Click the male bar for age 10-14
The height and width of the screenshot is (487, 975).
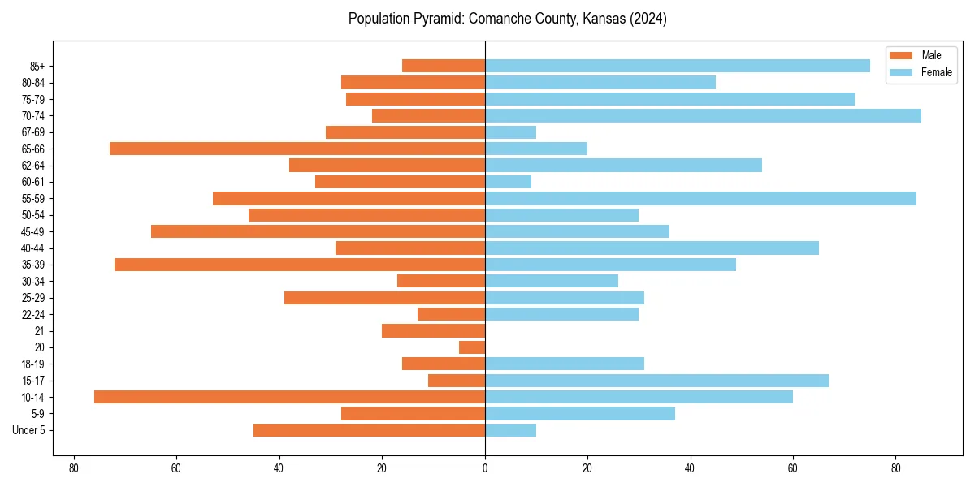[x=289, y=397]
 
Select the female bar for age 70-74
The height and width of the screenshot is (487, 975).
[x=703, y=116]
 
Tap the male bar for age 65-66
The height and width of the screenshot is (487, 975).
[x=297, y=149]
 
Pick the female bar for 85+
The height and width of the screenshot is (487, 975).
[x=677, y=66]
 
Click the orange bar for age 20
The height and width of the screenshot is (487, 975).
[x=472, y=347]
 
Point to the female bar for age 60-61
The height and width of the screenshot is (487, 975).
[x=508, y=182]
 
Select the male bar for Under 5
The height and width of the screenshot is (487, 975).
[x=369, y=430]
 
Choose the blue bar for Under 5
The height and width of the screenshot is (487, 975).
[x=510, y=430]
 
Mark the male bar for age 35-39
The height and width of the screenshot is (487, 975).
[x=300, y=265]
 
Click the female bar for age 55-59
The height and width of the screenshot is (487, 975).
[x=700, y=199]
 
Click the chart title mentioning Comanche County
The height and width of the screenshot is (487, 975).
[x=507, y=19]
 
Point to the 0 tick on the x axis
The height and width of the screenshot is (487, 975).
[x=485, y=468]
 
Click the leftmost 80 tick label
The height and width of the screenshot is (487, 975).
[x=74, y=468]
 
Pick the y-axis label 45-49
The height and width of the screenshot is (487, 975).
[x=33, y=231]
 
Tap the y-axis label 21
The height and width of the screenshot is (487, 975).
[x=40, y=331]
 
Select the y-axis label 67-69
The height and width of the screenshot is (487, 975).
[x=33, y=132]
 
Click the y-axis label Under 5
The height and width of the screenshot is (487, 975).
[x=29, y=430]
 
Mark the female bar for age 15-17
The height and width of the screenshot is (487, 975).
[x=656, y=381]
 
